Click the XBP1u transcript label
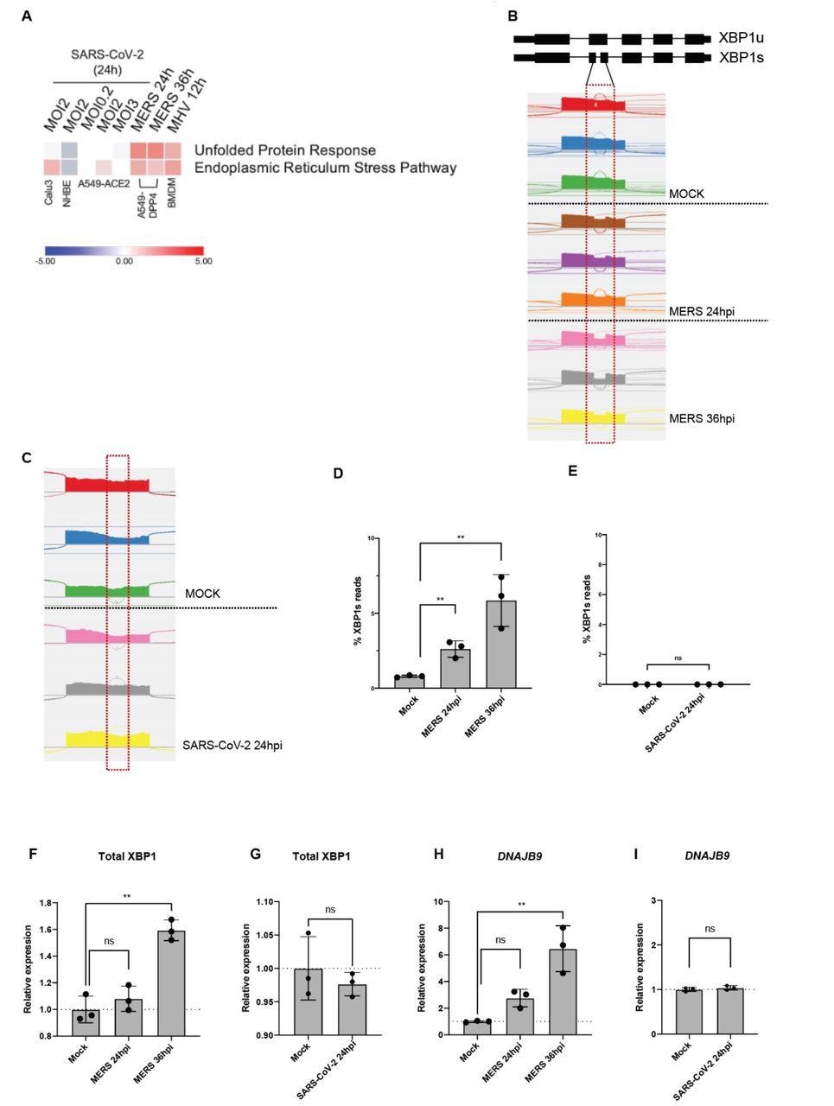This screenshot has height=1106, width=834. point(742,39)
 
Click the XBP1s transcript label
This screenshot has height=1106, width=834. point(741,58)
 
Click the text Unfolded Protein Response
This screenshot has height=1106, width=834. point(284,150)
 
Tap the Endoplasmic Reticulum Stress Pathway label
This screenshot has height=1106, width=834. point(325,168)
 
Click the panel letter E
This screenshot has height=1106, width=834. point(572,471)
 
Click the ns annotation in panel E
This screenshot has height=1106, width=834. point(678,658)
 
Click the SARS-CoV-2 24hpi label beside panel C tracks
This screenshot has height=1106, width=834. point(232,744)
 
